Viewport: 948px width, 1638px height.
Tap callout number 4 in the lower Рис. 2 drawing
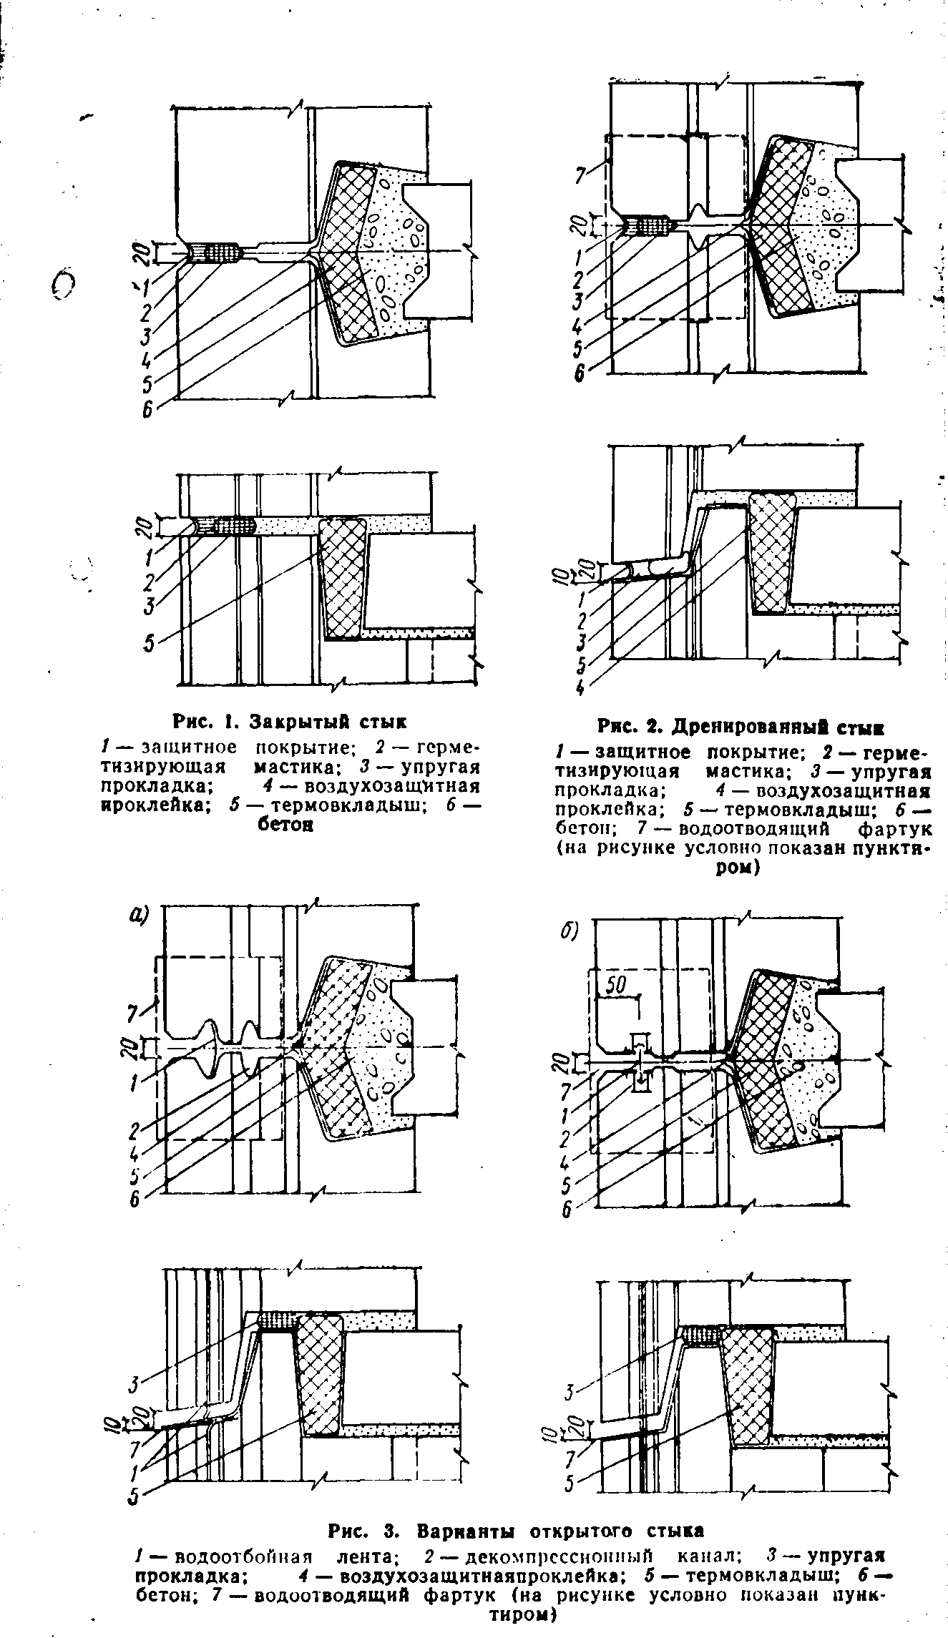pyautogui.click(x=580, y=687)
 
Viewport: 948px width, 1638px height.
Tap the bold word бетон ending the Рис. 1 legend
pyautogui.click(x=284, y=825)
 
